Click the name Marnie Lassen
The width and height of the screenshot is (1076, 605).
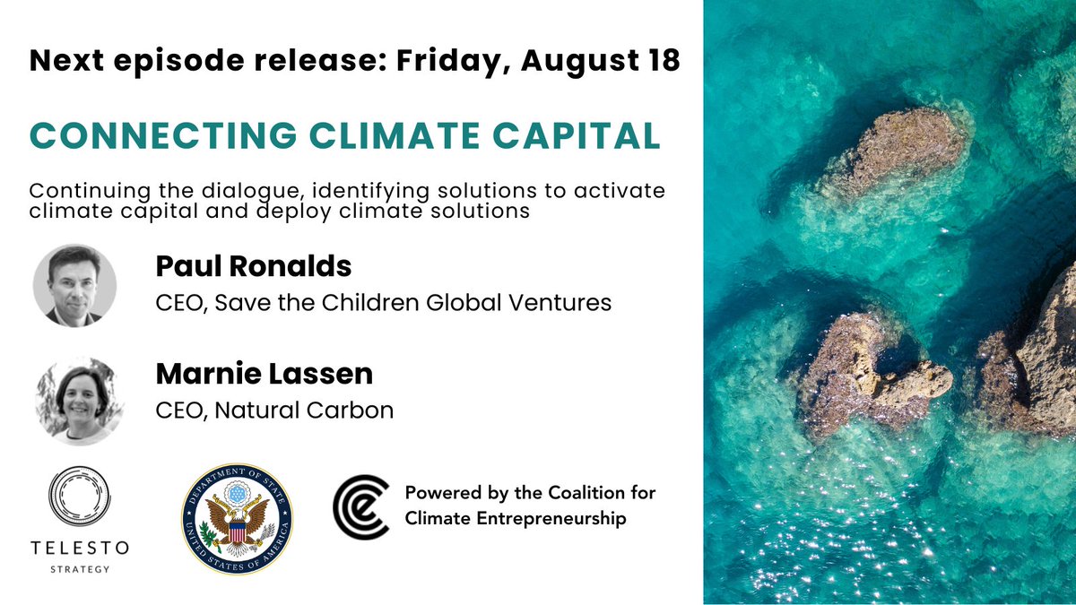click(264, 374)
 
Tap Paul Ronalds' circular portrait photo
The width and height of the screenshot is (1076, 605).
click(74, 285)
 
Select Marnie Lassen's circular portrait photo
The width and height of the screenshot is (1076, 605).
click(74, 400)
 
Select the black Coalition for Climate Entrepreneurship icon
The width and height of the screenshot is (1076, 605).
click(360, 506)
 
